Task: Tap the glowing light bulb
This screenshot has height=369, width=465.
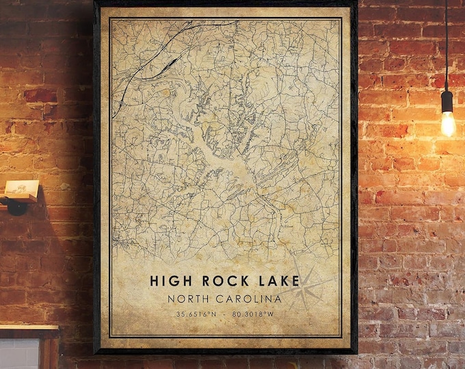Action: tap(448, 124)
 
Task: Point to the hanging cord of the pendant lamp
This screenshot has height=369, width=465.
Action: tap(446, 41)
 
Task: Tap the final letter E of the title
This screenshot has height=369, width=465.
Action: tap(294, 280)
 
